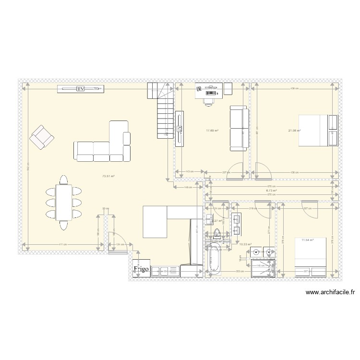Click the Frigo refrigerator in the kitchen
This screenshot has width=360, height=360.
(142, 270)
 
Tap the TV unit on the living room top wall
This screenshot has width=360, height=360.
(81, 89)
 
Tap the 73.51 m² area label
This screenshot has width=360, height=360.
(108, 176)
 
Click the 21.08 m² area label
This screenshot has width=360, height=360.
(294, 131)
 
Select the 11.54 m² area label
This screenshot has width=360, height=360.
(307, 240)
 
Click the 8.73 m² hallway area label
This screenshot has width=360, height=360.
(272, 190)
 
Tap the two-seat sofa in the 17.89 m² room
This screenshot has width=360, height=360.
(239, 128)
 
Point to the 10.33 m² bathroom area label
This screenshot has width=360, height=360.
(245, 244)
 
